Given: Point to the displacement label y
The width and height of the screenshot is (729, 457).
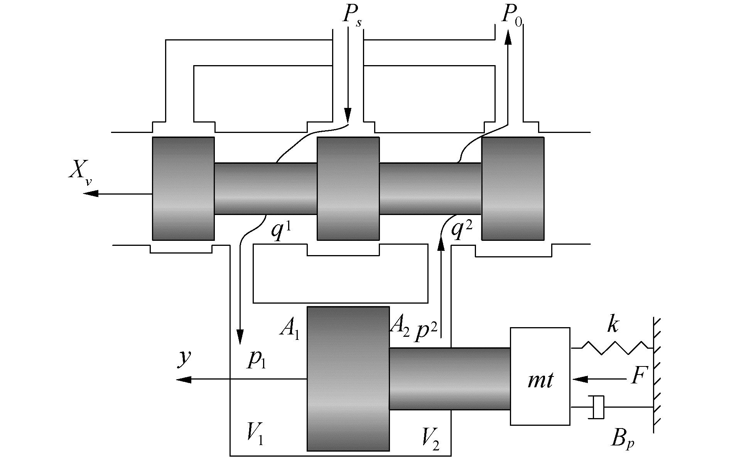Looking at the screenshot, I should [x=184, y=358].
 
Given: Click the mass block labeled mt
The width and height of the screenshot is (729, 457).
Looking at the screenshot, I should [x=540, y=376].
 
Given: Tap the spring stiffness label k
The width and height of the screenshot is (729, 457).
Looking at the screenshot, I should [x=612, y=325].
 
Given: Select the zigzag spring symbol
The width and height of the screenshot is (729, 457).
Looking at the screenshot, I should [x=615, y=348].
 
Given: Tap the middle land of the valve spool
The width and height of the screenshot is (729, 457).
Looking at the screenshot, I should [x=348, y=188].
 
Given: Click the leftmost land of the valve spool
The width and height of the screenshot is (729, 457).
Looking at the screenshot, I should [x=183, y=188].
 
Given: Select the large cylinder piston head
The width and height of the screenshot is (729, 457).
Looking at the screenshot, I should [x=348, y=378].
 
